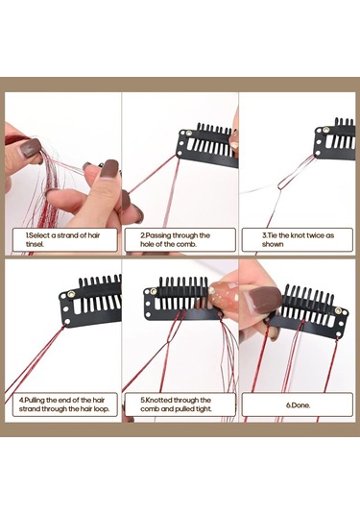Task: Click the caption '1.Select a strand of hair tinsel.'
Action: click(x=62, y=239)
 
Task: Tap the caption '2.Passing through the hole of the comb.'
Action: click(x=176, y=239)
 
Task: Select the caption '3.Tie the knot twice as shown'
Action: click(x=298, y=239)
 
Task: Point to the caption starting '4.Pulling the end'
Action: click(x=64, y=404)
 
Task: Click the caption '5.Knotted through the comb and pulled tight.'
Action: click(x=176, y=404)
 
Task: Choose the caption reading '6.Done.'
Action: click(x=299, y=405)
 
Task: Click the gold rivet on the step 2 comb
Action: click(x=189, y=134)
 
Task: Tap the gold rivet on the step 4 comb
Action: click(x=71, y=294)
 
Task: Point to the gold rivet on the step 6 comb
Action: click(x=338, y=310)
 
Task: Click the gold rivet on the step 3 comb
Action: click(x=325, y=130)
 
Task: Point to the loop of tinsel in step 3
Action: click(x=294, y=174)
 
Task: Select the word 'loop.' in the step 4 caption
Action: click(x=101, y=408)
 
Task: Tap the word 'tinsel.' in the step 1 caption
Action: click(x=36, y=244)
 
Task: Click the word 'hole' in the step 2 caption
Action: click(x=148, y=244)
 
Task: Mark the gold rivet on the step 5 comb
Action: click(x=153, y=291)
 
